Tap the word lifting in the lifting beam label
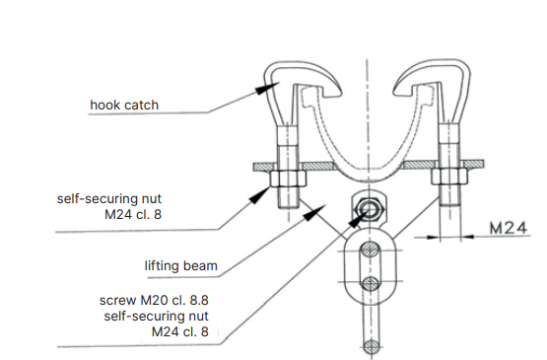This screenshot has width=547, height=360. (x=162, y=266)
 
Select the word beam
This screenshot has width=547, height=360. (x=200, y=265)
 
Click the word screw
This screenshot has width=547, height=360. (x=117, y=301)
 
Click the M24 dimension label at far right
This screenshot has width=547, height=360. (x=509, y=228)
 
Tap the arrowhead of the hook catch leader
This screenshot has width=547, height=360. (x=267, y=88)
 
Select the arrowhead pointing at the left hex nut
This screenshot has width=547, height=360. (x=260, y=195)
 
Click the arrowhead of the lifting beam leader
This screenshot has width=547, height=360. (x=314, y=212)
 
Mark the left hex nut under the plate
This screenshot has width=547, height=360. (x=288, y=178)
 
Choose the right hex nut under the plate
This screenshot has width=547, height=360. (x=449, y=177)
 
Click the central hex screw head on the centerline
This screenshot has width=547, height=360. (x=369, y=210)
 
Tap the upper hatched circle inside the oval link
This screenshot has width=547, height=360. (x=371, y=250)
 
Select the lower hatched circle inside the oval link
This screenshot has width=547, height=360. (x=371, y=283)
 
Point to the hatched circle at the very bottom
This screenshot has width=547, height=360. (x=372, y=347)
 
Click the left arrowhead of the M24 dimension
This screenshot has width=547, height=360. (x=434, y=238)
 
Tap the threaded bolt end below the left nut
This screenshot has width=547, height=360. (x=288, y=197)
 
